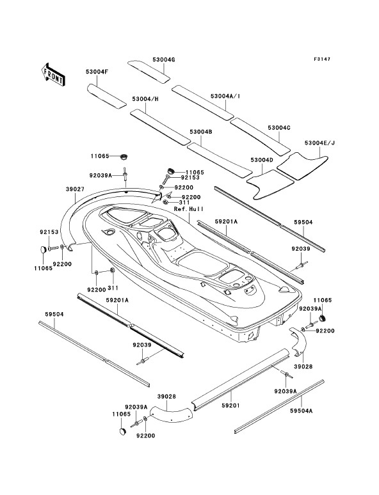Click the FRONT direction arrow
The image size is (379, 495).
tap(53, 74)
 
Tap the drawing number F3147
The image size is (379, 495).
tap(322, 59)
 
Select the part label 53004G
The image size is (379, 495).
tap(163, 59)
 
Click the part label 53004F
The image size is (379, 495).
tap(97, 72)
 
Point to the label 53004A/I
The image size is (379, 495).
tap(225, 96)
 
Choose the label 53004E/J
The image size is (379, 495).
tap(319, 143)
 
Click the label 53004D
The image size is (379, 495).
tap(261, 160)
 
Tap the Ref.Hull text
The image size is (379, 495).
tap(189, 209)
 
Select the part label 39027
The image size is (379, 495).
tap(75, 189)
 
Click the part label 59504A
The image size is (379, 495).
tap(302, 411)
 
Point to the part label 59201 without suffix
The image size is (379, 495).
tap(230, 405)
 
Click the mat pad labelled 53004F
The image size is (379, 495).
tap(106, 97)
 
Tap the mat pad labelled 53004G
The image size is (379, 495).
tap(149, 72)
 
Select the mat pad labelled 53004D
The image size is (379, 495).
tap(270, 184)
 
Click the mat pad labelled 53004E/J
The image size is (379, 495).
tap(303, 166)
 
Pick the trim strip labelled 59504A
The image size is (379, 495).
tap(279, 406)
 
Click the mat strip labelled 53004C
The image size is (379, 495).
tap(260, 137)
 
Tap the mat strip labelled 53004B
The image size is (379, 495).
tap(220, 159)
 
